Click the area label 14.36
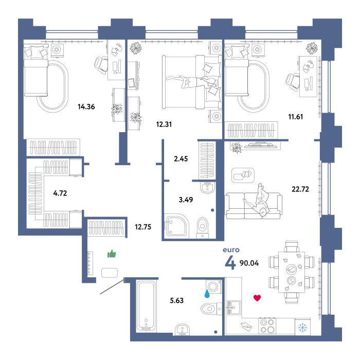click(86, 107)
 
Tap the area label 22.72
click(300, 189)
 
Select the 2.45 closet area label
click(181, 158)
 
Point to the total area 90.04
click(249, 263)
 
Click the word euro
click(231, 250)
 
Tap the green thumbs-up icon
click(112, 254)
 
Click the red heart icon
click(257, 298)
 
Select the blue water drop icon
click(207, 294)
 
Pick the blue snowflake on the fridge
click(302, 328)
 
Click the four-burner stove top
click(267, 326)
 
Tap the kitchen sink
click(234, 308)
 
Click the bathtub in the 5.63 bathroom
click(146, 306)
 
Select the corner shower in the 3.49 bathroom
click(176, 227)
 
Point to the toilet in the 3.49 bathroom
click(202, 228)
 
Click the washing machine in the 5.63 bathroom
click(214, 286)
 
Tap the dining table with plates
click(292, 272)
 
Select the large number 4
click(230, 262)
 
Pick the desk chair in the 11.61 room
click(292, 82)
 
